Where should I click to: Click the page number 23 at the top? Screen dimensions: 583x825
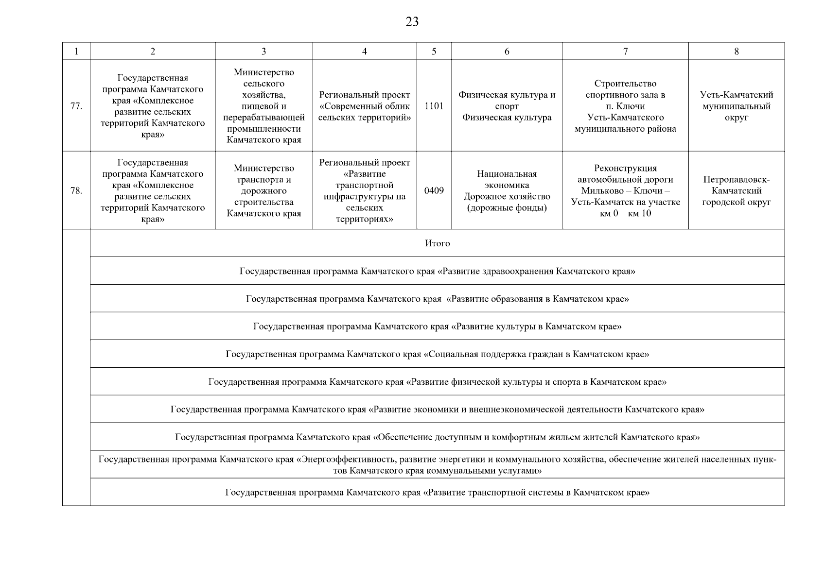[412, 22]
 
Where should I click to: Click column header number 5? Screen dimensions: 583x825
[434, 51]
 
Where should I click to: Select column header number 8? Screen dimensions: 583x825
[736, 51]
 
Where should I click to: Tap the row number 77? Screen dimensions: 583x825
[76, 106]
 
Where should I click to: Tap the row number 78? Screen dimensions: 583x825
[76, 190]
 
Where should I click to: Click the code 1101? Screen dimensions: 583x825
[434, 106]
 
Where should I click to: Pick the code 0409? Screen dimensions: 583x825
[434, 190]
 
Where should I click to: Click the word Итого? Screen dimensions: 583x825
[437, 243]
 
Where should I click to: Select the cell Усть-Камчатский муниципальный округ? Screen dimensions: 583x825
[736, 106]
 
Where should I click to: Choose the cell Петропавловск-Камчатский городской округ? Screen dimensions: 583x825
[736, 190]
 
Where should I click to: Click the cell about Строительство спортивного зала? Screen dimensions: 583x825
[625, 106]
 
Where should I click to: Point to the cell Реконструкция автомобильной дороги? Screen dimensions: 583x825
[625, 190]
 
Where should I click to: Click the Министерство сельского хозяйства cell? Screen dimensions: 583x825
[263, 106]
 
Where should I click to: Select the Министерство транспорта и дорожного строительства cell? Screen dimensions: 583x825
[263, 190]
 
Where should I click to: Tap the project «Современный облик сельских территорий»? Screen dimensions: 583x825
[364, 106]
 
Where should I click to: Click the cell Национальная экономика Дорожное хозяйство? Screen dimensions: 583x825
[507, 190]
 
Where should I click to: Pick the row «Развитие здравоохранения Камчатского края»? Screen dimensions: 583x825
[437, 271]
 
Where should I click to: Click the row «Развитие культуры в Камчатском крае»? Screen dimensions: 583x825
[437, 326]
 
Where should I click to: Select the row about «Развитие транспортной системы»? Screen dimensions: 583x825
[437, 493]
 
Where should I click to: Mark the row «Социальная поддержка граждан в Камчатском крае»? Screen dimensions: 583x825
[437, 354]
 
